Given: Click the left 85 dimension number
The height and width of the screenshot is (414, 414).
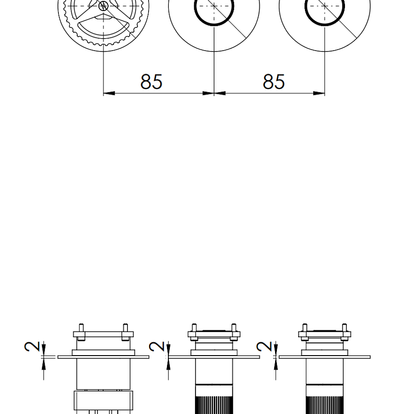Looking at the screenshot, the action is (x=151, y=81).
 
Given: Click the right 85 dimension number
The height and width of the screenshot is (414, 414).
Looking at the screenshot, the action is (x=274, y=81).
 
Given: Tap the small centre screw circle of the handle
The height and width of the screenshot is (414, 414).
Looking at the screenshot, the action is (x=103, y=6).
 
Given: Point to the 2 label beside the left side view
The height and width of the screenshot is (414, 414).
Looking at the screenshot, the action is (x=32, y=346).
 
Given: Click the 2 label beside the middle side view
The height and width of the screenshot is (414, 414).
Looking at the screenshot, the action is (x=157, y=346).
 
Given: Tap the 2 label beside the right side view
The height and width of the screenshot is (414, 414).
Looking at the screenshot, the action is (x=264, y=346).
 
